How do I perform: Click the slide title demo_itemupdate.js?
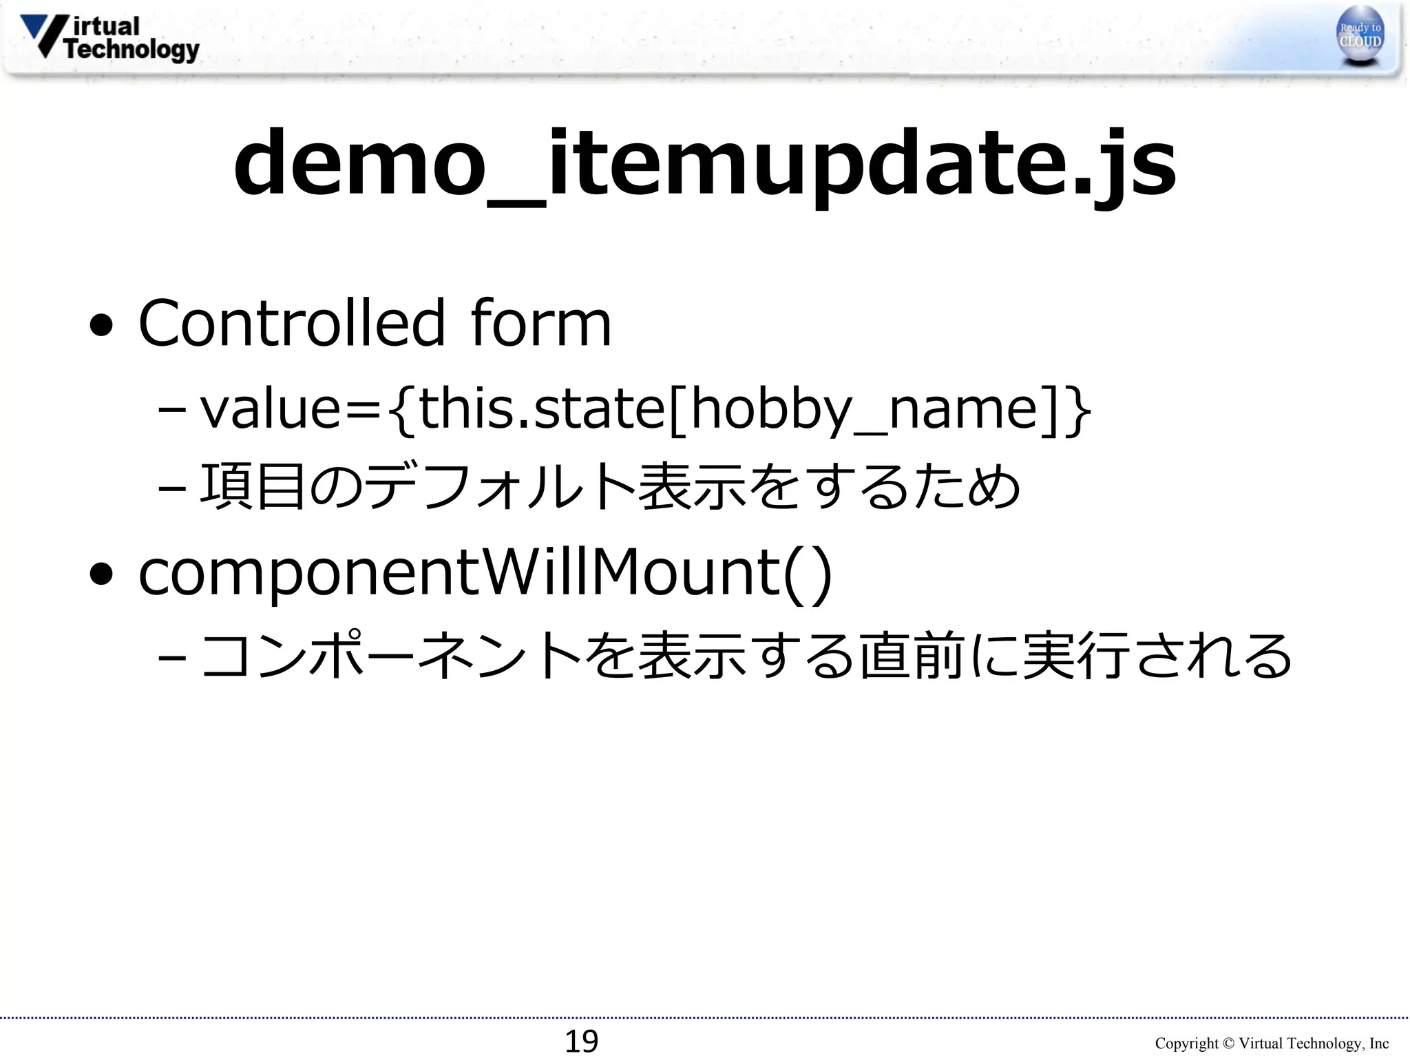pos(705,165)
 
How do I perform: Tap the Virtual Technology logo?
pos(110,39)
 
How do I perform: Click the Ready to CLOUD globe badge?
pos(1360,36)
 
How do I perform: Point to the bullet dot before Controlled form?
pos(101,326)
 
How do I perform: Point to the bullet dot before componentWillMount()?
pos(101,574)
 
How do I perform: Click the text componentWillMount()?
pos(485,573)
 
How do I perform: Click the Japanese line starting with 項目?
pos(609,486)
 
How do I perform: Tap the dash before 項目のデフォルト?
pos(171,489)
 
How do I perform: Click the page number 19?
pos(581,1041)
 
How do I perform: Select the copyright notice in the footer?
pos(1272,1044)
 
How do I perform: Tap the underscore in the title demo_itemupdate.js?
pos(516,201)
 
